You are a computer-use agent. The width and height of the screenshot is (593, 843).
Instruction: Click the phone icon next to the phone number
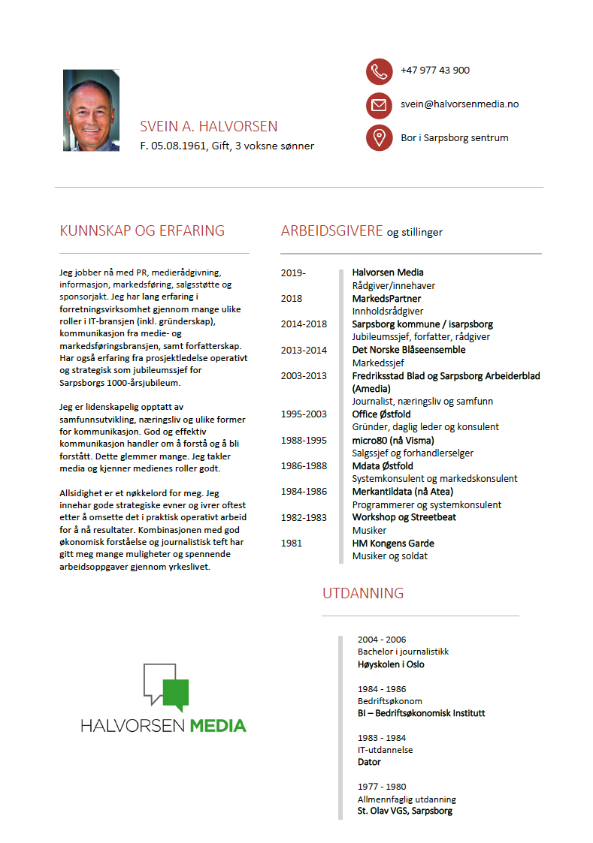point(380,71)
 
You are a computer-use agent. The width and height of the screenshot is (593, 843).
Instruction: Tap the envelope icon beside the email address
point(380,105)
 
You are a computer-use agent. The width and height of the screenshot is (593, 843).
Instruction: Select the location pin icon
point(380,138)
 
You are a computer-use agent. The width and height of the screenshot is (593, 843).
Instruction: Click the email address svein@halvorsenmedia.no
point(459,104)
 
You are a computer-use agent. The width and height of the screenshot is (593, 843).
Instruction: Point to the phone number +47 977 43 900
point(435,71)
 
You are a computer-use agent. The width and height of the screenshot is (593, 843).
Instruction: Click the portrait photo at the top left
point(91,110)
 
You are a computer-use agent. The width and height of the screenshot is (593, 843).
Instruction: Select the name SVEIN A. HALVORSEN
point(208,127)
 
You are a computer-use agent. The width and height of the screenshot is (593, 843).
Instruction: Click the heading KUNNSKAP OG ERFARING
point(142,230)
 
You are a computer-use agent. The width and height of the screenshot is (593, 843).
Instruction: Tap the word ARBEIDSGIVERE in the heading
point(331,230)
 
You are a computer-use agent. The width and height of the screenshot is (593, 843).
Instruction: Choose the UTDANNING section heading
point(363,593)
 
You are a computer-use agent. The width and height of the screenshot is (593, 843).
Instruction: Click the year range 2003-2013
point(304,376)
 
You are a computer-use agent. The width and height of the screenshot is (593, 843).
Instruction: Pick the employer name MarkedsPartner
point(386,298)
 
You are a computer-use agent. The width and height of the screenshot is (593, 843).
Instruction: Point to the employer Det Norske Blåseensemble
point(408,350)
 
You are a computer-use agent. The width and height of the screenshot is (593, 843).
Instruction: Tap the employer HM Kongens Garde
point(393,543)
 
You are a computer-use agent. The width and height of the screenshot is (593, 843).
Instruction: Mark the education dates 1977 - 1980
point(381,787)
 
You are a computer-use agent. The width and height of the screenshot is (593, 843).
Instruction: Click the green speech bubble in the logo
point(176,694)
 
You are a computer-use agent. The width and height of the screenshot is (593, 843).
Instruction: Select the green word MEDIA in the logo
point(218,726)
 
